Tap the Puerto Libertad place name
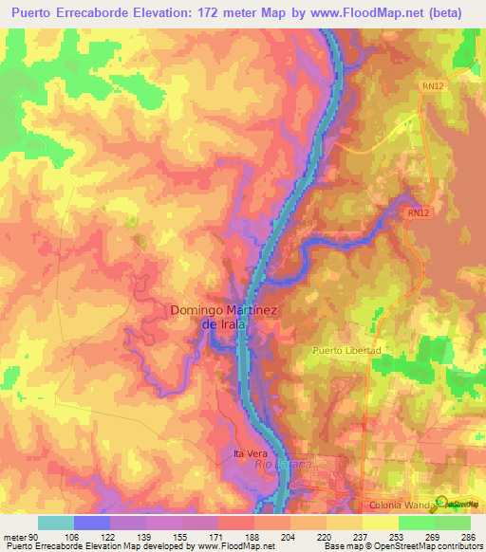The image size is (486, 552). (x=347, y=350)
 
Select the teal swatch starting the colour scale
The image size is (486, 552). (x=56, y=523)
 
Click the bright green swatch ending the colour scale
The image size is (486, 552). (x=452, y=523)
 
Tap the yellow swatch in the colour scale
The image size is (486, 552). (x=380, y=523)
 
